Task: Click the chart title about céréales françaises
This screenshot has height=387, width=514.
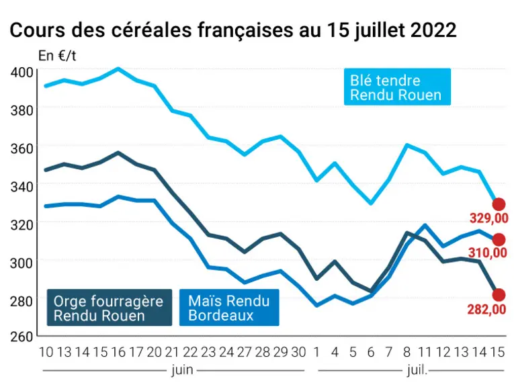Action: (233, 30)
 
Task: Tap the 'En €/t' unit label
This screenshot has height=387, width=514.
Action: (57, 56)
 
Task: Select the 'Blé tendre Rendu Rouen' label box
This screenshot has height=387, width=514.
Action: (397, 87)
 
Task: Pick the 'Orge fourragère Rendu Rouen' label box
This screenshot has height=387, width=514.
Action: (110, 307)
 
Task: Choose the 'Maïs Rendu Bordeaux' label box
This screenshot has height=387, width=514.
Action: (229, 307)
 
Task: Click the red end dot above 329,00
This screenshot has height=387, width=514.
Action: (499, 204)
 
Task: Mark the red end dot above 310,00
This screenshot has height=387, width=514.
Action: (499, 240)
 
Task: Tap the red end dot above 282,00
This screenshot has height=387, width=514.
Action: (499, 294)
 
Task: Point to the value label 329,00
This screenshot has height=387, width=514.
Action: (488, 218)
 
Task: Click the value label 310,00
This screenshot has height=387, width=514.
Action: (488, 253)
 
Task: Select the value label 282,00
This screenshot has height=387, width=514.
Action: (487, 309)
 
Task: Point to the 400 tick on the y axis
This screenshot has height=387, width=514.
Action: (22, 72)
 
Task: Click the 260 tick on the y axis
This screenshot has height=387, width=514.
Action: (22, 337)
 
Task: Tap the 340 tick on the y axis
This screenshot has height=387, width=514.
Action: (22, 187)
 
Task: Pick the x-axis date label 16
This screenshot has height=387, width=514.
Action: (118, 352)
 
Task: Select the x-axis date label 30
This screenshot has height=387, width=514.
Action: (298, 352)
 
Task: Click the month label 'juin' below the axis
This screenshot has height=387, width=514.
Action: (182, 371)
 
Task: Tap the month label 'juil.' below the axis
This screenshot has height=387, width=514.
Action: (417, 371)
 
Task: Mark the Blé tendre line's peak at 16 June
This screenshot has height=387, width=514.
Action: (118, 69)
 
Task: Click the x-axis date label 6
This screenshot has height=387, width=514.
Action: (371, 352)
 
